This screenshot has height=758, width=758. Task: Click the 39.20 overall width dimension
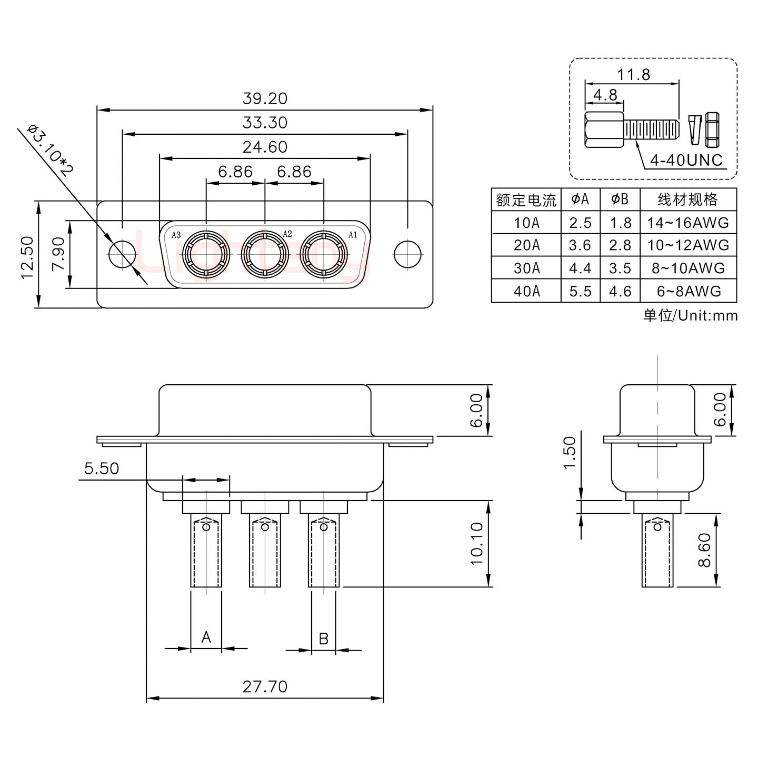click(x=265, y=98)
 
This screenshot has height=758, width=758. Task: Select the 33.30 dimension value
click(x=265, y=123)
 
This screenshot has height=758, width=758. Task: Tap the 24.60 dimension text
click(x=265, y=147)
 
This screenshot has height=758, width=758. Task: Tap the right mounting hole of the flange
click(x=407, y=254)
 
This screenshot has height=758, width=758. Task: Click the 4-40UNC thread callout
click(x=686, y=160)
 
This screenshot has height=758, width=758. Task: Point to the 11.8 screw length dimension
click(x=633, y=75)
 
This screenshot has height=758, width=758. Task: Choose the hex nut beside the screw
click(x=712, y=129)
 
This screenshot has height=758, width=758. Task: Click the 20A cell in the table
click(x=526, y=245)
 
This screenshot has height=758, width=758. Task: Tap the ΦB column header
click(x=620, y=200)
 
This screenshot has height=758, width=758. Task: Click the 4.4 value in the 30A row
click(x=580, y=268)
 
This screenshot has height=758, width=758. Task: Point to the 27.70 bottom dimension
click(x=265, y=686)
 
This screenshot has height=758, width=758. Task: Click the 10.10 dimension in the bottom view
click(x=476, y=543)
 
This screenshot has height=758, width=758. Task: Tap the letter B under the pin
click(x=324, y=639)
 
